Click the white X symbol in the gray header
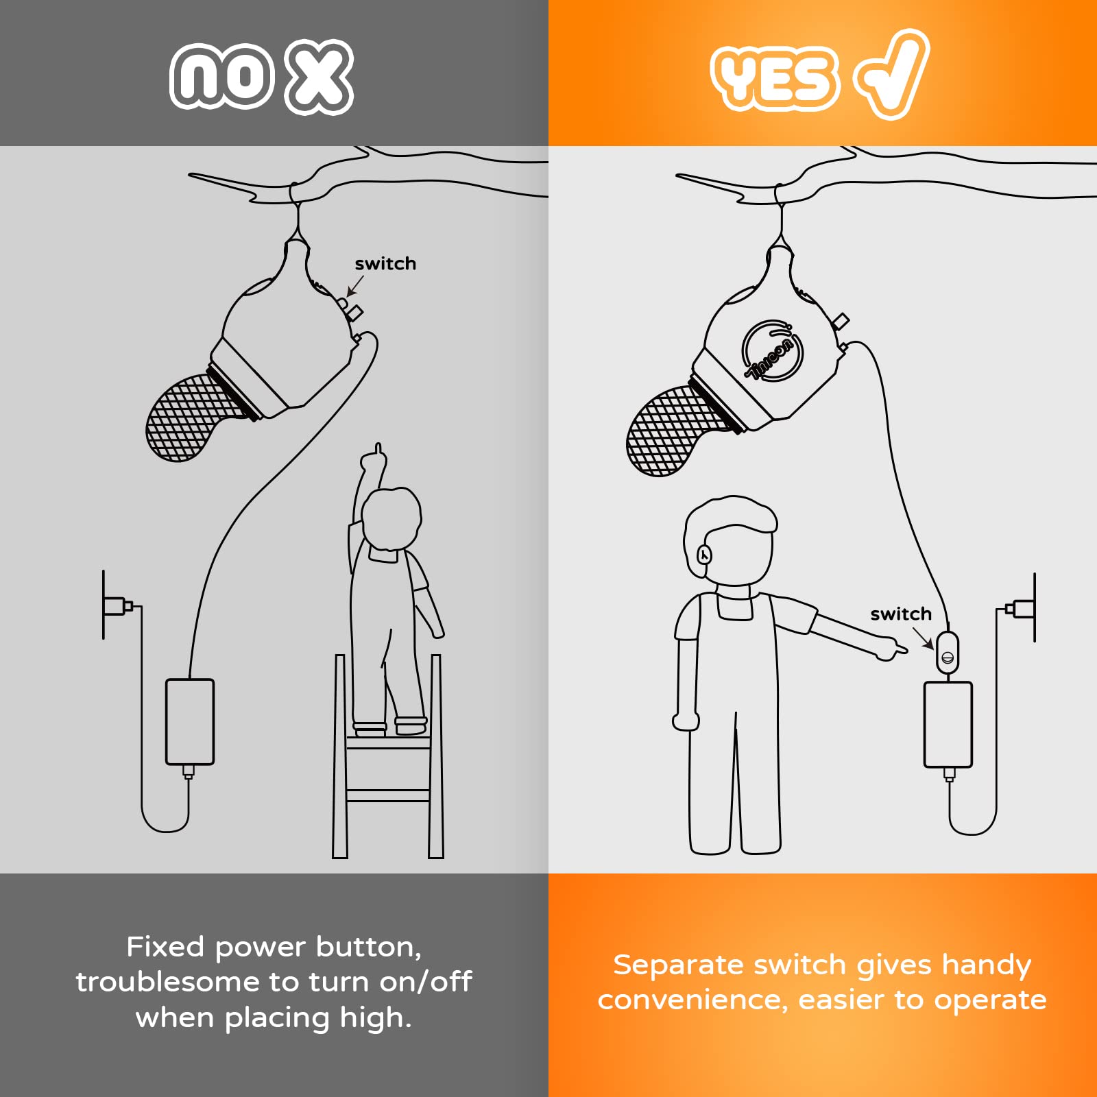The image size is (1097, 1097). tap(320, 76)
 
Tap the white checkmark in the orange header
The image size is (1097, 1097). tap(891, 74)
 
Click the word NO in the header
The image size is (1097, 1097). tap(221, 76)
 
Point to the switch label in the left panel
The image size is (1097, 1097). tap(385, 264)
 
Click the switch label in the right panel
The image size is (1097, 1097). tap(901, 614)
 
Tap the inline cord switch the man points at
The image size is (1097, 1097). tap(947, 653)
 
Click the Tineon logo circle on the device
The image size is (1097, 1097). tap(772, 350)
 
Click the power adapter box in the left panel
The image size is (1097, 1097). tap(190, 722)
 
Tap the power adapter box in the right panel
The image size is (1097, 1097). tap(948, 725)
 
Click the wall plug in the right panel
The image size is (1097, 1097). tap(1021, 608)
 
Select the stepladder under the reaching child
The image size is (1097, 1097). tap(388, 756)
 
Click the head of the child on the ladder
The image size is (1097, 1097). tap(391, 518)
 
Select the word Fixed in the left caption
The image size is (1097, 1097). tap(166, 947)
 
